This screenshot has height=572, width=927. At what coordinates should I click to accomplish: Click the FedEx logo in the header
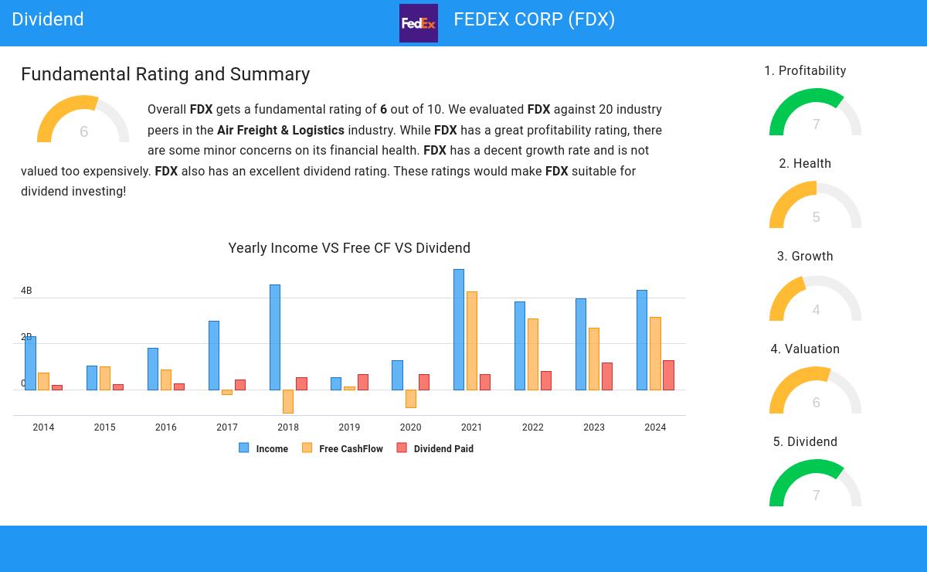(418, 23)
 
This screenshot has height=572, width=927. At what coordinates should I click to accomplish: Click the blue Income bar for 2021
(459, 330)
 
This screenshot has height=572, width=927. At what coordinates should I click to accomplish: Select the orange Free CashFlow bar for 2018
(288, 401)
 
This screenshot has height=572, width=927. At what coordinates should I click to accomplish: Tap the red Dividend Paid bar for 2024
(668, 375)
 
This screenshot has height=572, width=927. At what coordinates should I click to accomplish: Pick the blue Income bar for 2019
(336, 384)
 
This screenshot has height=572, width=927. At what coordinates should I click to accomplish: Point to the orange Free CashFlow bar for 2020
(410, 398)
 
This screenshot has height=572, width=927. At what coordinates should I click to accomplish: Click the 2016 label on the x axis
(166, 427)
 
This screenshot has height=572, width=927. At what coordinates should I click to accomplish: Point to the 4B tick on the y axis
(26, 291)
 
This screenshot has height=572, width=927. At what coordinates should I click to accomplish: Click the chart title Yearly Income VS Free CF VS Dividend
(349, 248)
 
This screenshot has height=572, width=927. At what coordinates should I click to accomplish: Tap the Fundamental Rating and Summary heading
(165, 74)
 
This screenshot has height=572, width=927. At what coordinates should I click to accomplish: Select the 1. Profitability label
(805, 71)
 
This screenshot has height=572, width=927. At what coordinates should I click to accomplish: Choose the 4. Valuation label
(805, 349)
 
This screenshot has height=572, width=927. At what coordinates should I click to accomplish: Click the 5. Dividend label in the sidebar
(805, 442)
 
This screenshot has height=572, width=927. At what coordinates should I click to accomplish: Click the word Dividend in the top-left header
(48, 19)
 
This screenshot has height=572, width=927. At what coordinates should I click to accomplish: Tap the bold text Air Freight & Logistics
(280, 131)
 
